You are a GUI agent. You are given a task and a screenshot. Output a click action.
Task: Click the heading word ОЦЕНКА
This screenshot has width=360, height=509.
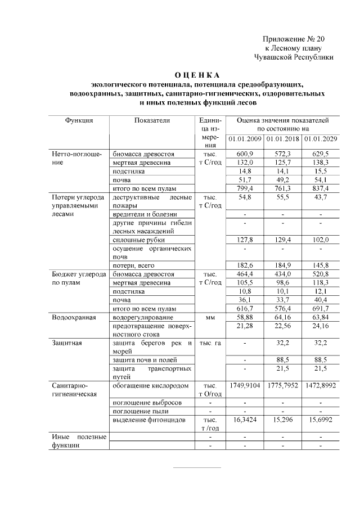(x=196, y=75)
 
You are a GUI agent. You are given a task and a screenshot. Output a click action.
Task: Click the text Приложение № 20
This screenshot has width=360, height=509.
(x=294, y=39)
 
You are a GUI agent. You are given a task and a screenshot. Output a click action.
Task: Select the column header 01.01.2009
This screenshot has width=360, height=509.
(x=245, y=139)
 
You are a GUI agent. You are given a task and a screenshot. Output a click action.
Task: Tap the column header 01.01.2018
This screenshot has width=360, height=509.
(x=282, y=139)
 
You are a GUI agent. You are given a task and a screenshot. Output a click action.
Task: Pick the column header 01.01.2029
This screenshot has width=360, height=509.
(x=319, y=139)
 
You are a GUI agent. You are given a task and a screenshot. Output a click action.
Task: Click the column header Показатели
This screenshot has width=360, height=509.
(x=151, y=120)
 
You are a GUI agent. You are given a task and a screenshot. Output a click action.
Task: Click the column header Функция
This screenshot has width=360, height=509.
(x=79, y=120)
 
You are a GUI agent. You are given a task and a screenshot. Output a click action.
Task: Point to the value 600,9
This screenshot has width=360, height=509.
(x=245, y=154)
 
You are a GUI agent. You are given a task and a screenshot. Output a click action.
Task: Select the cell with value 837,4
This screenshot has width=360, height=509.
(x=319, y=188)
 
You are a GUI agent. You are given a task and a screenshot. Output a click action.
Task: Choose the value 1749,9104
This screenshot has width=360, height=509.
(x=245, y=386)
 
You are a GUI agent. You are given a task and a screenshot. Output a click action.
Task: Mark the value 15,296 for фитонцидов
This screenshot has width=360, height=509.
(x=282, y=420)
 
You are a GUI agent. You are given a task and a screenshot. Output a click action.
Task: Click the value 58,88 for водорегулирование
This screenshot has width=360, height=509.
(x=245, y=318)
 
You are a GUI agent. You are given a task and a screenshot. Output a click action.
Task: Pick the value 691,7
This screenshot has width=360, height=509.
(x=319, y=309)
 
